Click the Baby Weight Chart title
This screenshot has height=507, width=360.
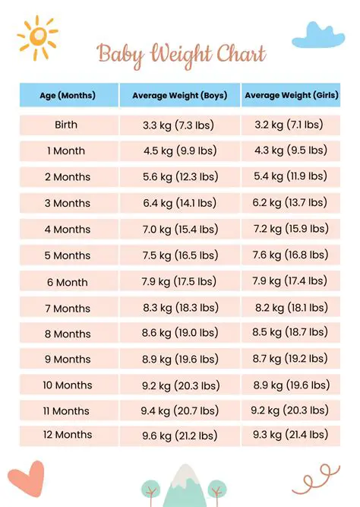[182, 54]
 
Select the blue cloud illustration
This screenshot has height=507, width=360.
[318, 35]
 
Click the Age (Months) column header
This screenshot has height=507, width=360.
[68, 96]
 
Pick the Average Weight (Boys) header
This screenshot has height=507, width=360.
[180, 96]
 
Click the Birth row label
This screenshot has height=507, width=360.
[66, 125]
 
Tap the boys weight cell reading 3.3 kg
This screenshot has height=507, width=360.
[180, 125]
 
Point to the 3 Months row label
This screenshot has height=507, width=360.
[68, 203]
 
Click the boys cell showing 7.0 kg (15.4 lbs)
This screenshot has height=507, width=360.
[180, 229]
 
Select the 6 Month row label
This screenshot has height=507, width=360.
[68, 282]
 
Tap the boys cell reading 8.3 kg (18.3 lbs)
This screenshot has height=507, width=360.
[180, 308]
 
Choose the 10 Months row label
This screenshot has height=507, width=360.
[68, 385]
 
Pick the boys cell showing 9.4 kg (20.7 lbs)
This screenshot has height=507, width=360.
[180, 410]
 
